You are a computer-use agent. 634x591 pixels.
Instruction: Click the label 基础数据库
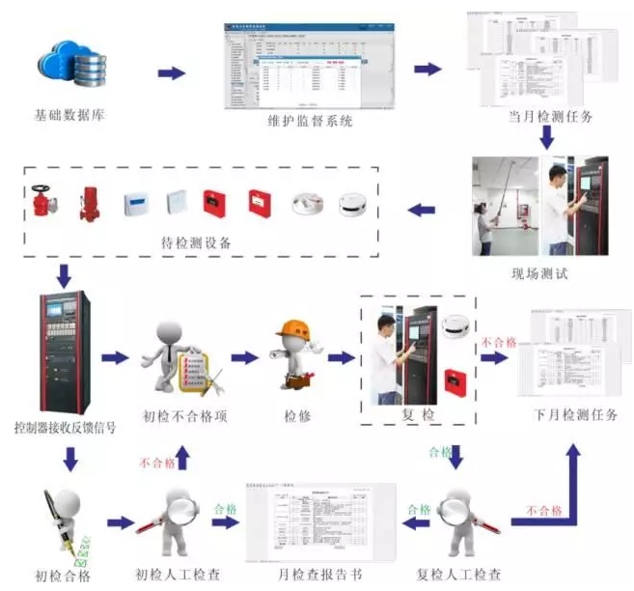pos(69,116)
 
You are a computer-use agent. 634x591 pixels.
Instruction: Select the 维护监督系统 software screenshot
pos(308,69)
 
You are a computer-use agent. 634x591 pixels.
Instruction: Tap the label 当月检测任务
pos(550,117)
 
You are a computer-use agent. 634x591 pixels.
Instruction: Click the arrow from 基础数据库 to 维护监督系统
pos(171,73)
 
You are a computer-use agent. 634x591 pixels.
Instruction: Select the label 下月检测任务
pos(575,415)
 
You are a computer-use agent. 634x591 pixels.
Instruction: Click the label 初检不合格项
pos(179,416)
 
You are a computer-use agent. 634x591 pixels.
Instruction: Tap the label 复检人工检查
pos(459,576)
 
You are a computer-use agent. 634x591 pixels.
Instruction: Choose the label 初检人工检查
pos(180,576)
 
